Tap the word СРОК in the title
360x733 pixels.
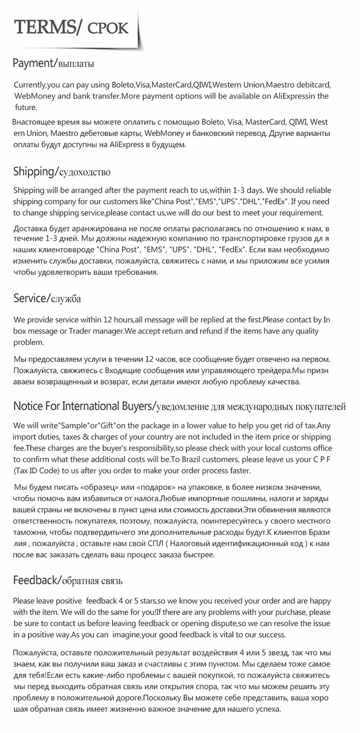108,28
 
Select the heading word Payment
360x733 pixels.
32,63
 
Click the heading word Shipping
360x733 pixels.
34,172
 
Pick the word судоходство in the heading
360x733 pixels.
85,172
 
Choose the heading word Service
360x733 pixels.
30,298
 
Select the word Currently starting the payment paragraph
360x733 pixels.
30,85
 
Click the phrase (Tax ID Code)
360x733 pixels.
36,471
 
